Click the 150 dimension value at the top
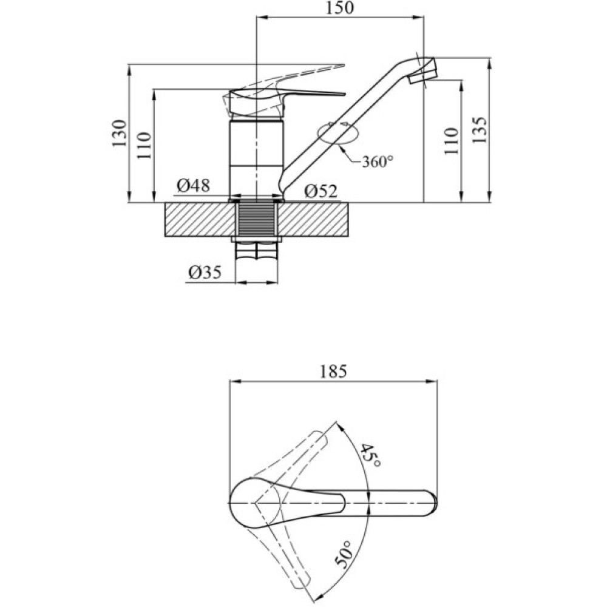339,8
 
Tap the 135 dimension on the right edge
479,129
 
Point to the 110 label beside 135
450,141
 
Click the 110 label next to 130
143,146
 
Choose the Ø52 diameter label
320,191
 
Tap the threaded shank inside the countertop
256,219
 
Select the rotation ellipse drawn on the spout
336,133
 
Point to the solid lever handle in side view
285,97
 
